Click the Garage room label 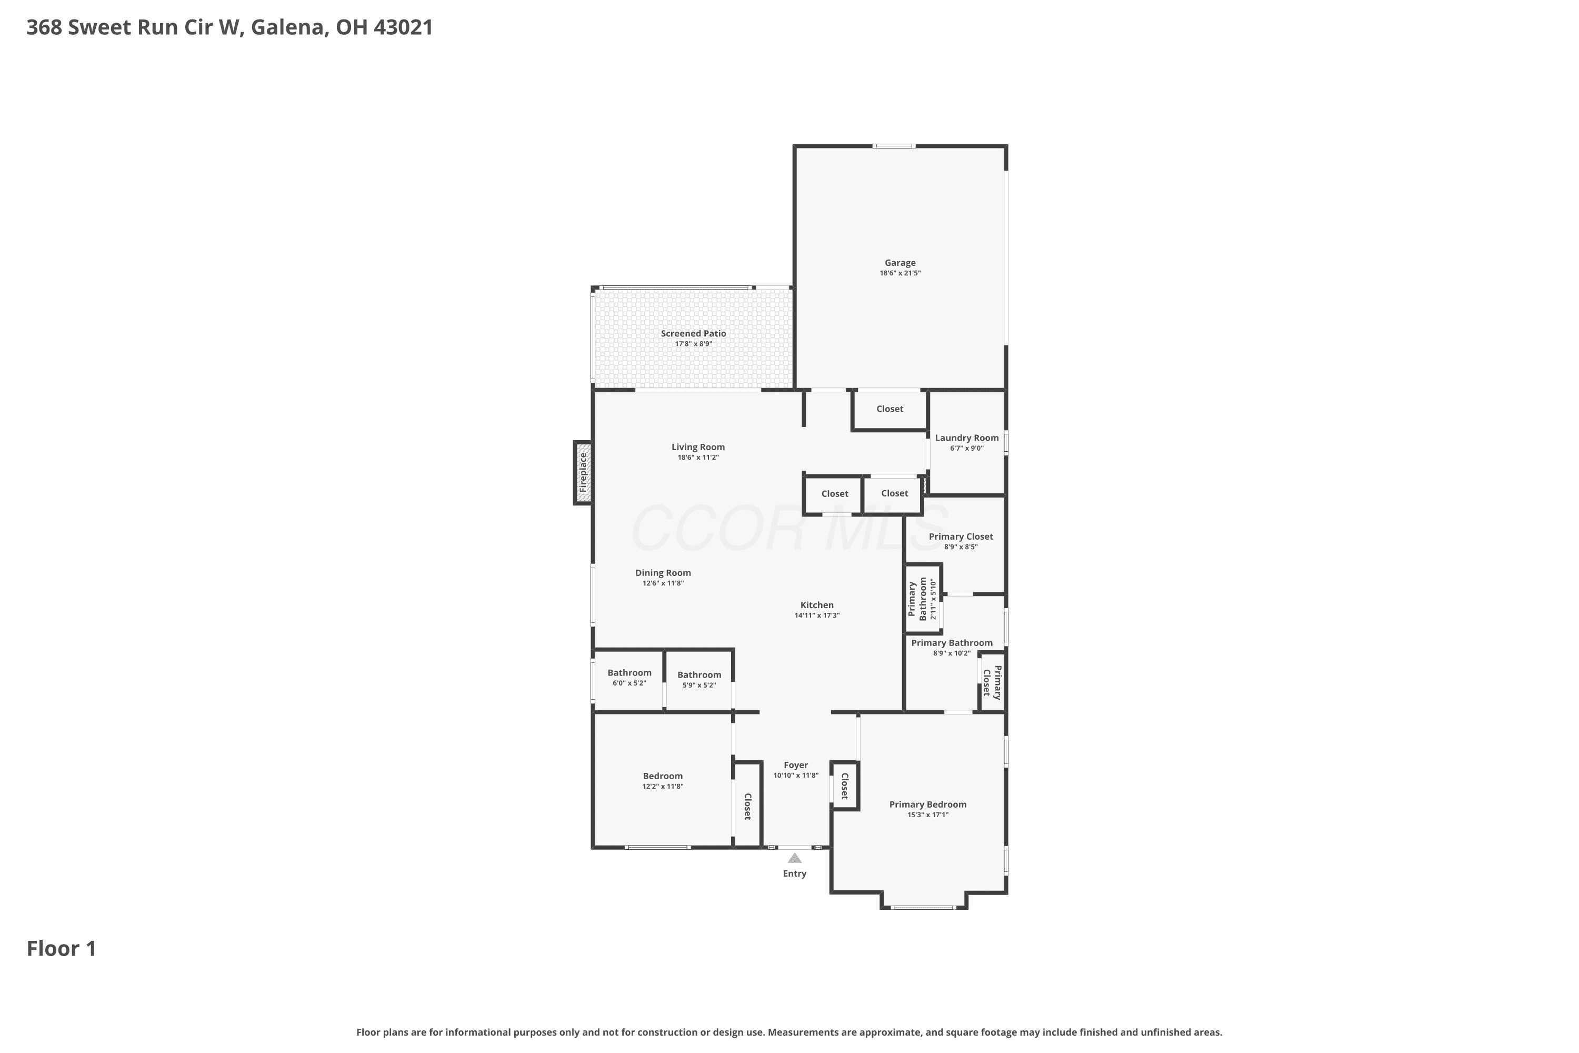pos(900,263)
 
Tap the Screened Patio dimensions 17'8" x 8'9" pos(694,344)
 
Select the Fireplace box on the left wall pos(583,472)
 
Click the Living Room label pos(698,446)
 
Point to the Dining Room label pos(663,573)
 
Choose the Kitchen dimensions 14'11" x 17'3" pos(817,615)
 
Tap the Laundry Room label pos(967,438)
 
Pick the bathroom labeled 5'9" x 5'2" pos(699,680)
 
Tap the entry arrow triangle pos(795,858)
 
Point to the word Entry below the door pos(794,873)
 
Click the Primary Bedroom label pos(928,804)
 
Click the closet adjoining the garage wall pos(890,409)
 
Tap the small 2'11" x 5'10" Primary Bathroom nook pos(923,598)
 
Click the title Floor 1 pos(62,949)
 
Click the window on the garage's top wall pos(894,146)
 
